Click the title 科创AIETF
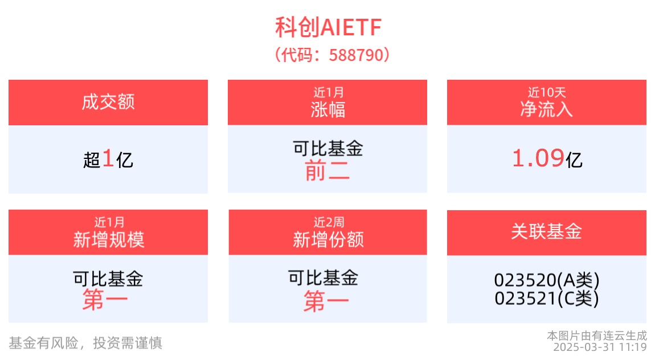coord(328,27)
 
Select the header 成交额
coord(108,103)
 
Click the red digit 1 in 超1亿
coord(108,159)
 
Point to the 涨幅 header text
coord(328,109)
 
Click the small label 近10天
coord(546,92)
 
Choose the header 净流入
coord(546,109)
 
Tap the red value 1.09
coord(538,158)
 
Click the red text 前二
coord(327,171)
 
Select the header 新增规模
coord(108,239)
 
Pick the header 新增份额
coord(328,239)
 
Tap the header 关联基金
coord(546,232)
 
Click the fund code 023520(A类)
coord(546,280)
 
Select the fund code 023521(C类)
coord(546,298)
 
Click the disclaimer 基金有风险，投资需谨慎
coord(85,343)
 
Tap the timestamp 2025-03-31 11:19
coord(600,347)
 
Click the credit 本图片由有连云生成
coord(596,336)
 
